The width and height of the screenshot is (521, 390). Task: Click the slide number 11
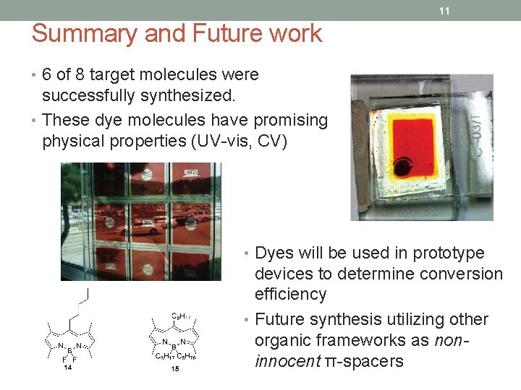pos(444,11)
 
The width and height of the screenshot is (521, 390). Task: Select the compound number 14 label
pos(68,368)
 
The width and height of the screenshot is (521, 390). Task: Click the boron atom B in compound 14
pos(69,351)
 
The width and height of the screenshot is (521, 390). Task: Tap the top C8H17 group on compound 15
pos(180,316)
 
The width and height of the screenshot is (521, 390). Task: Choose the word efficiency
pos(290,294)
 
